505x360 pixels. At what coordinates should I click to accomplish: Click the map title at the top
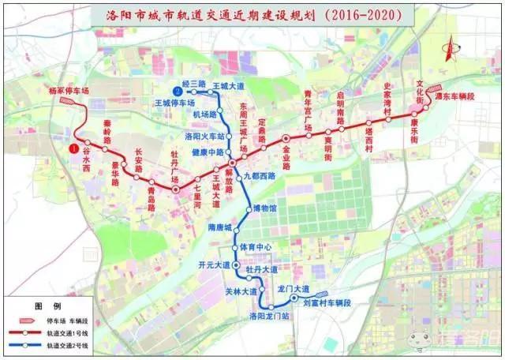coord(252,15)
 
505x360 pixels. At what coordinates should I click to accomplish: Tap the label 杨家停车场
coord(69,91)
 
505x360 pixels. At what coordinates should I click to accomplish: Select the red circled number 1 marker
coord(74,148)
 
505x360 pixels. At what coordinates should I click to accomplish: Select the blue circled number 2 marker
coord(167,89)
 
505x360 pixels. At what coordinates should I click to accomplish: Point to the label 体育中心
coord(256,247)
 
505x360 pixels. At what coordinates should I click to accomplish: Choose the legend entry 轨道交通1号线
coord(66,334)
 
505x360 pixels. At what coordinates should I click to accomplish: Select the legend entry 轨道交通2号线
coord(66,347)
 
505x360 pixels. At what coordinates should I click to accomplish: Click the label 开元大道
coord(215,264)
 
